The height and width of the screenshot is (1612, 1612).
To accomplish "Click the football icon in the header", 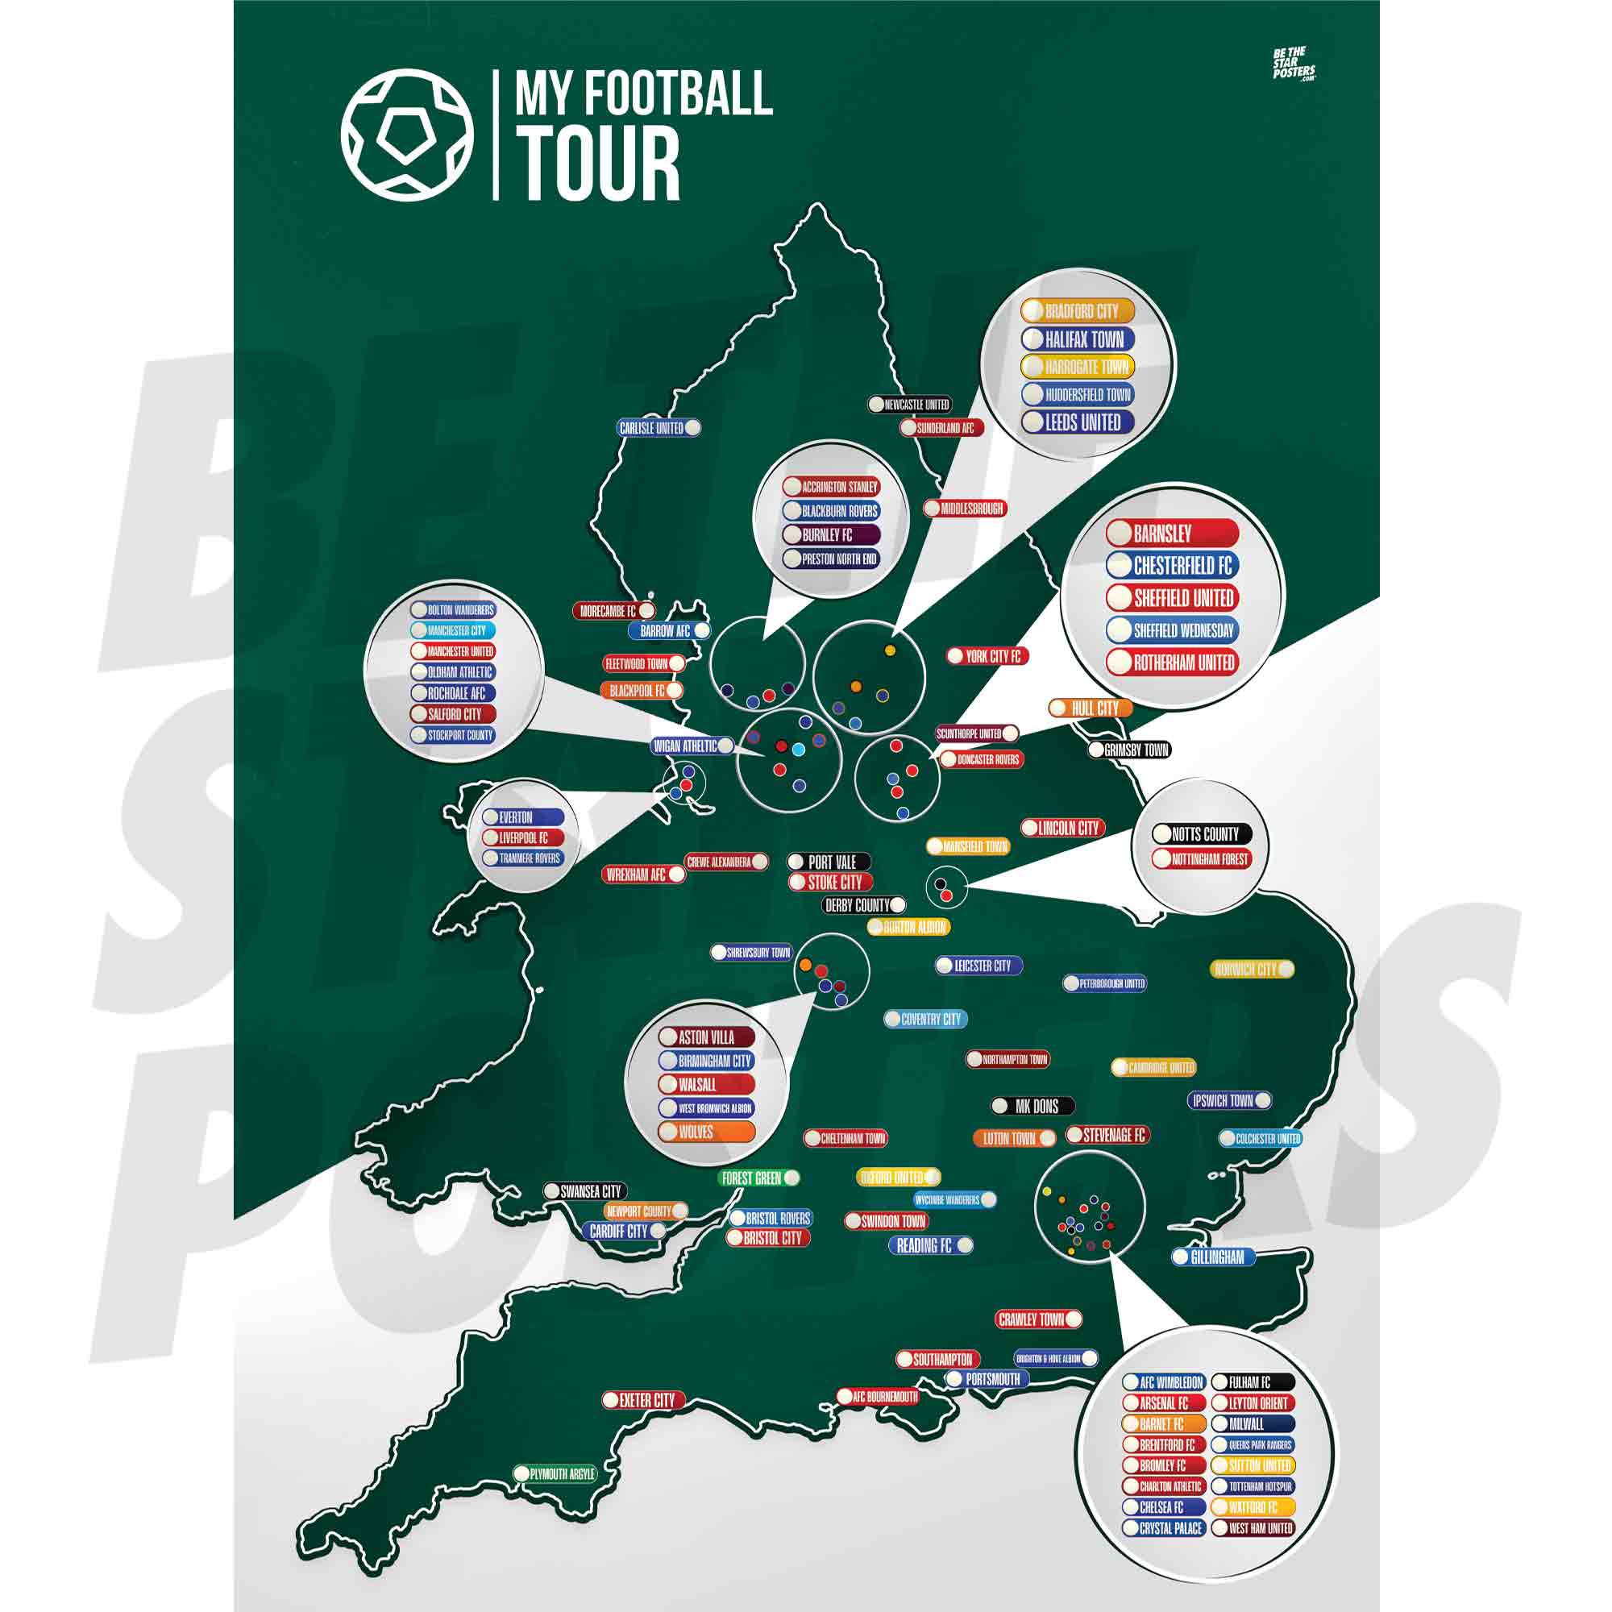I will [x=407, y=135].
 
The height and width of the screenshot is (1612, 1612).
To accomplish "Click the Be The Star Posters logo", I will [x=1294, y=64].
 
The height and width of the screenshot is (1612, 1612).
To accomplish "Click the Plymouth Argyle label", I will [x=555, y=1474].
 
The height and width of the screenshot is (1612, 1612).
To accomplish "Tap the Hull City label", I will [x=1090, y=708].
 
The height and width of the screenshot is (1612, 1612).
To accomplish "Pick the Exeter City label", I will [x=643, y=1400].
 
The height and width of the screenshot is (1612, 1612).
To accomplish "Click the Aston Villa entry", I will [x=706, y=1038].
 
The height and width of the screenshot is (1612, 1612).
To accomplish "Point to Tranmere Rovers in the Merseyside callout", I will [x=523, y=858].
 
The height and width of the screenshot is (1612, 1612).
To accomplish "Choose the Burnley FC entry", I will [x=830, y=535].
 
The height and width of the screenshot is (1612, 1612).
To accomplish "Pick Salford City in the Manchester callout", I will [x=453, y=714].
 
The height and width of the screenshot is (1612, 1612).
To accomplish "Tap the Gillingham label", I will [x=1214, y=1257].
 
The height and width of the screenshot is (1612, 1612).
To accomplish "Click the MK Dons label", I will [x=1032, y=1107].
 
